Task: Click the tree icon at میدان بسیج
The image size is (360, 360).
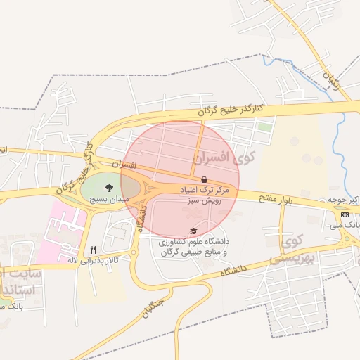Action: pos(109,188)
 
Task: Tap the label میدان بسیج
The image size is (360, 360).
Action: pos(108,199)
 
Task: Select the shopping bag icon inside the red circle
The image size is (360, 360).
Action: pos(204,180)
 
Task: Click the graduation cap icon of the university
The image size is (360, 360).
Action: pos(193,231)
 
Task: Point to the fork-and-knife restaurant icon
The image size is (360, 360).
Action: pos(93,250)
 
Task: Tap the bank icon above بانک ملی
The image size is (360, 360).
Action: pos(345,214)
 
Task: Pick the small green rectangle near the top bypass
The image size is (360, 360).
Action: pos(264,127)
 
